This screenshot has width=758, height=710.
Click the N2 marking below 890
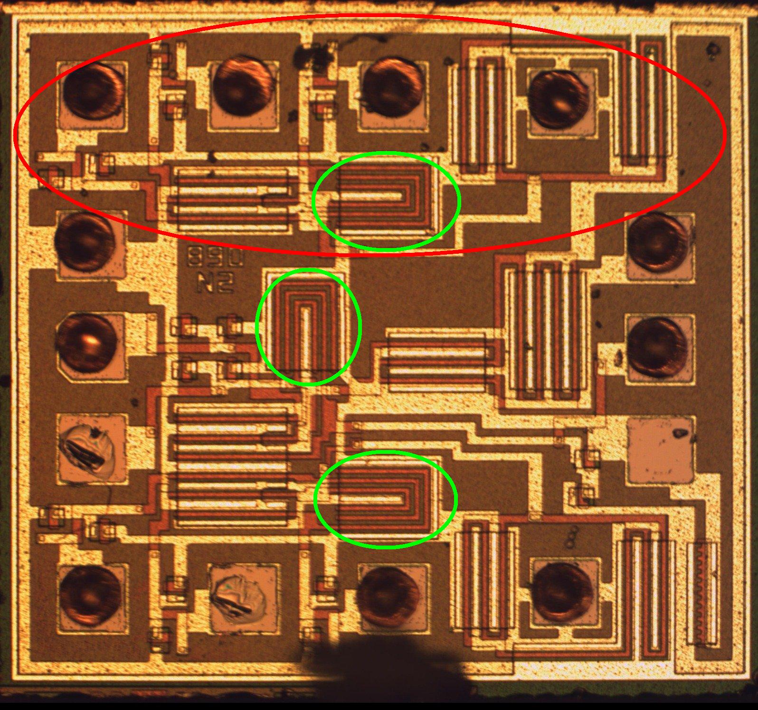click(x=215, y=284)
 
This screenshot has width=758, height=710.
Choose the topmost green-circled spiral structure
click(x=386, y=201)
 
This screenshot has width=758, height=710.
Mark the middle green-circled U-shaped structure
click(x=308, y=326)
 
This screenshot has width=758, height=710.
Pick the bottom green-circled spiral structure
click(x=386, y=499)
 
